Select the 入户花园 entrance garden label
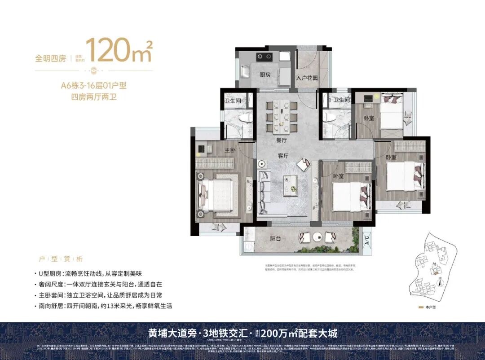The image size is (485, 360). point(307,78)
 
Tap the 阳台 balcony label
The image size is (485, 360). point(275,238)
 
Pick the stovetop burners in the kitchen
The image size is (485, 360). point(264,57)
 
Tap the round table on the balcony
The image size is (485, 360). point(317,236)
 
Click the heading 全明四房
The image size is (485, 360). point(51,58)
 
